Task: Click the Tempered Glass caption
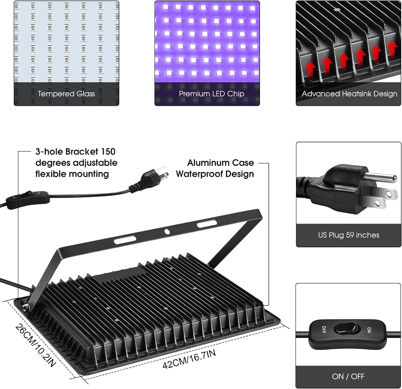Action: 66,94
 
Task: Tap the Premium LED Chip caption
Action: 211,94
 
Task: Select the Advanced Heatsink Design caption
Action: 349,94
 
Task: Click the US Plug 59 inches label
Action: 349,235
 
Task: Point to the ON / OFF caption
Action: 348,376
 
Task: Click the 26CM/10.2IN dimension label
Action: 35,346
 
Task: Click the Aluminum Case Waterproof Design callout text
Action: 215,168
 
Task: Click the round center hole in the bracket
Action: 167,231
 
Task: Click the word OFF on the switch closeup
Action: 323,329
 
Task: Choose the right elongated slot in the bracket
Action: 207,223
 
